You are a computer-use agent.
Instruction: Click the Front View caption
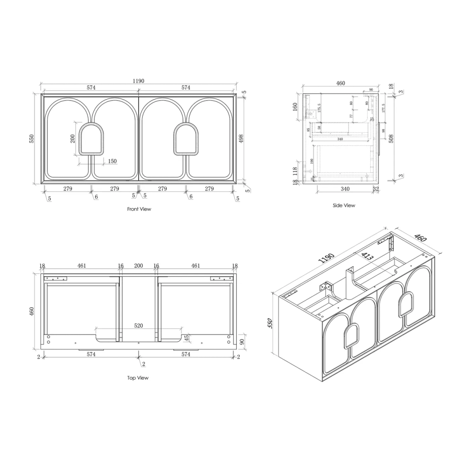139,209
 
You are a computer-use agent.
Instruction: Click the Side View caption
343,205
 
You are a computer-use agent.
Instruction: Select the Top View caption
138,378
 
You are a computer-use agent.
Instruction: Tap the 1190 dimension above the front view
138,81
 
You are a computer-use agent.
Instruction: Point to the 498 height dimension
242,138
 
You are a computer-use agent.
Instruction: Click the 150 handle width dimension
112,161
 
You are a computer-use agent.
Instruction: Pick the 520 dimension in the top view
138,326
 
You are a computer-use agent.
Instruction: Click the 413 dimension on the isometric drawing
367,256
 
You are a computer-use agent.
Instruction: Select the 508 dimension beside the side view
391,138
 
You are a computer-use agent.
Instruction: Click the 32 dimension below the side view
376,189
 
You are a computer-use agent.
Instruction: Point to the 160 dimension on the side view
295,106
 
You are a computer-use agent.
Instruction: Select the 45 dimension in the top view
187,338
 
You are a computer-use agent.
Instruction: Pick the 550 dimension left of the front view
32,138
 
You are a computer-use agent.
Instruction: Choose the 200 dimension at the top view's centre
138,265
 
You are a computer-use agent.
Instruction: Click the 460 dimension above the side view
340,83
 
